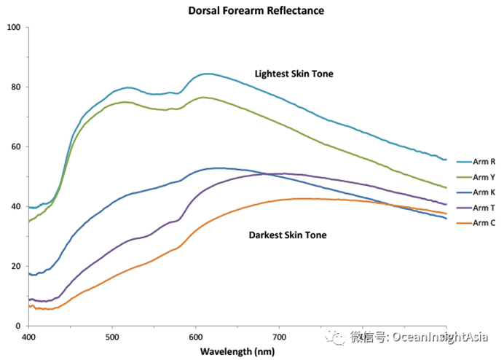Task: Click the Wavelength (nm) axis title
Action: (238, 351)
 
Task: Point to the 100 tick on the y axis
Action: (14, 28)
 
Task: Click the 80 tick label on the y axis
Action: (16, 87)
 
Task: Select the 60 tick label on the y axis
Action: (16, 147)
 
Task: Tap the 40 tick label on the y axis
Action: (16, 207)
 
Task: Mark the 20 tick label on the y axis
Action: (16, 267)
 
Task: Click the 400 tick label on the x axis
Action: (28, 337)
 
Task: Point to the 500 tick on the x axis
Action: (112, 337)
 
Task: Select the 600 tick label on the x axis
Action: (195, 337)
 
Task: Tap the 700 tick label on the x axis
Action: (279, 337)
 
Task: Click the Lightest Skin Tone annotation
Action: (294, 74)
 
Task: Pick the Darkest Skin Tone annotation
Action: (288, 235)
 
